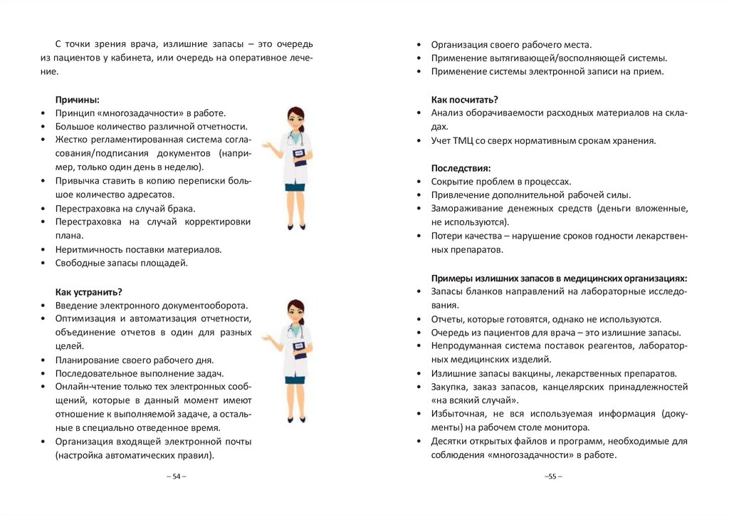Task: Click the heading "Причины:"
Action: (77, 100)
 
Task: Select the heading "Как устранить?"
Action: (88, 291)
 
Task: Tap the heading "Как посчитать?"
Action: (464, 99)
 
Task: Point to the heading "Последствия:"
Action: (461, 168)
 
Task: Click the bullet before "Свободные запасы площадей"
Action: (43, 264)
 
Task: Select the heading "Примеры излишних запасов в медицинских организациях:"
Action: (559, 278)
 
